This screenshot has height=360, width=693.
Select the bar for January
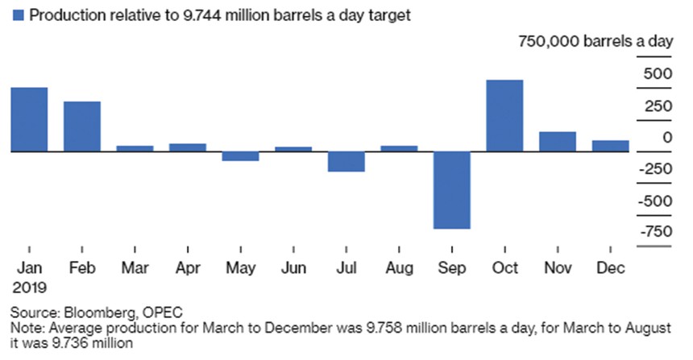point(29,119)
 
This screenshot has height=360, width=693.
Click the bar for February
point(82,126)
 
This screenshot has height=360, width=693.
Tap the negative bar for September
point(451,189)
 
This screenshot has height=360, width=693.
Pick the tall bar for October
point(504,115)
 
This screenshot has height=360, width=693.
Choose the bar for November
point(558,141)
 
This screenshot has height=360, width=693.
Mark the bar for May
point(241,155)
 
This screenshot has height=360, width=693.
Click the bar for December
point(610,146)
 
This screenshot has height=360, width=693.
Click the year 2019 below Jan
point(31,286)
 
